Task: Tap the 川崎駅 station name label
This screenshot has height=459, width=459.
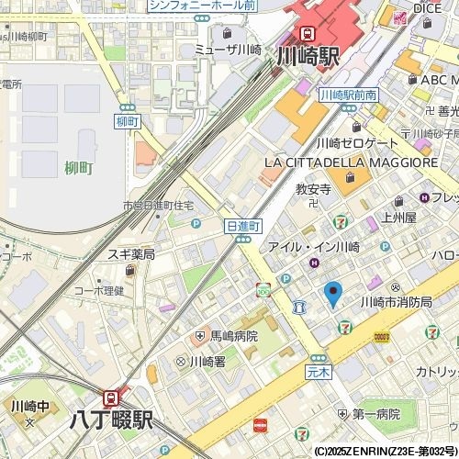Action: coord(308,56)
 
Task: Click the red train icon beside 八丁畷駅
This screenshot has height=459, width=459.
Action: coord(111,398)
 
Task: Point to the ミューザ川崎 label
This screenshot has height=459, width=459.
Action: coord(229,50)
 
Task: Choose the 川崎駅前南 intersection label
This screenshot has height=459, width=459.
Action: coord(349,95)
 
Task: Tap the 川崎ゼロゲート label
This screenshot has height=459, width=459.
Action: coord(357,143)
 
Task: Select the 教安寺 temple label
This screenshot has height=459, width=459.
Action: coord(312,189)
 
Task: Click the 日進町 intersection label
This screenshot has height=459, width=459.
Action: coord(243,225)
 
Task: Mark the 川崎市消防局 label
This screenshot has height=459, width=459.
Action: coord(396,301)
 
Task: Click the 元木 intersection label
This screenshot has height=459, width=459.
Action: coord(318,373)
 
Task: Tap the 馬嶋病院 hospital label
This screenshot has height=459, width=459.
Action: coord(234,337)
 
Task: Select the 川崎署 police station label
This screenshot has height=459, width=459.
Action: coord(207,362)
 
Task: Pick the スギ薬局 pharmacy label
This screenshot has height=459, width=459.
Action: coord(130,254)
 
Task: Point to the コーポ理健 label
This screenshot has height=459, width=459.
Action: coord(98,291)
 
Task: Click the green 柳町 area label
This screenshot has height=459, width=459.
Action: coord(79,168)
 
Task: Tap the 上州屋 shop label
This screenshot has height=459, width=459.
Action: coord(398,218)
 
